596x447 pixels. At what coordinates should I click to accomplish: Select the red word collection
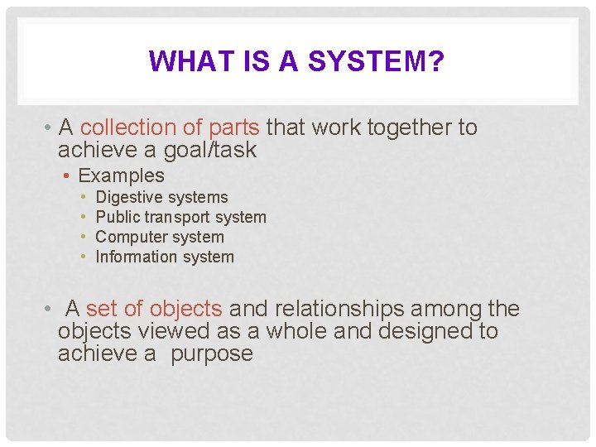point(128,127)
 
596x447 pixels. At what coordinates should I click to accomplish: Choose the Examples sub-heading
point(121,175)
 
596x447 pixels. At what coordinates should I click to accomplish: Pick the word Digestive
point(129,197)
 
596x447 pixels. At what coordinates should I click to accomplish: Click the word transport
point(178,217)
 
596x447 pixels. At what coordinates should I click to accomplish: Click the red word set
point(102,309)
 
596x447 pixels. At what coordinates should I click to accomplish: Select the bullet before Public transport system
point(85,217)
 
